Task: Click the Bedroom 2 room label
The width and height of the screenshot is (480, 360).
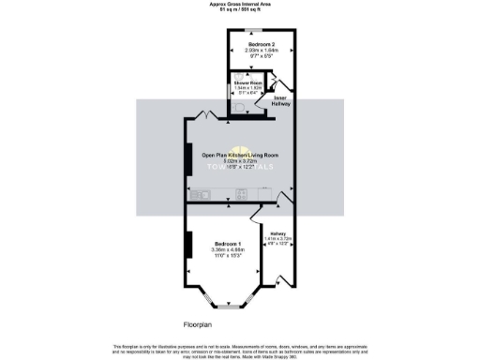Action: (x=262, y=44)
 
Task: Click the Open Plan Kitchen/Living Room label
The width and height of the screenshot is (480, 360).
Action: (x=240, y=155)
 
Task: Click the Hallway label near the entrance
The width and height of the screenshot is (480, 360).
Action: (x=277, y=233)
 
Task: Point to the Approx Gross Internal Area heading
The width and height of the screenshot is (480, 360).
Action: (x=240, y=5)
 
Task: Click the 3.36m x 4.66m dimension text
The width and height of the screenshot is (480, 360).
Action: (x=229, y=250)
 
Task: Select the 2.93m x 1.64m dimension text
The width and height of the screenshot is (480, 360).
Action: (x=262, y=51)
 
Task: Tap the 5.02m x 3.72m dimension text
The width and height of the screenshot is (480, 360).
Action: (x=240, y=161)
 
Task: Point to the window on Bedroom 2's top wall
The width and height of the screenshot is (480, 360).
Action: (x=262, y=30)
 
